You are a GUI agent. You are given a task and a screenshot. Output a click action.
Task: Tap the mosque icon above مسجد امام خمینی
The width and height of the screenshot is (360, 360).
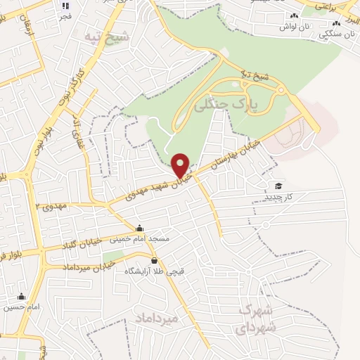pos(139,228)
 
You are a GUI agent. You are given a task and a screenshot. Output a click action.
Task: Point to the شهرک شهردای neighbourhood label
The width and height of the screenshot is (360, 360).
pos(257,319)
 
